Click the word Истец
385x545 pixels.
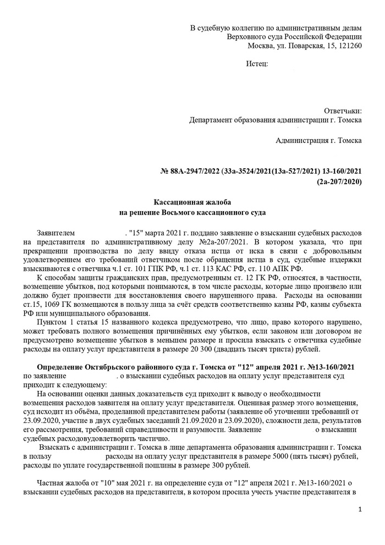pos(256,64)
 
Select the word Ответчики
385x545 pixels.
pos(343,110)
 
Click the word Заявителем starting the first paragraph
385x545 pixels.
pos(55,232)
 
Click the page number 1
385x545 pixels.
pos(360,510)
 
